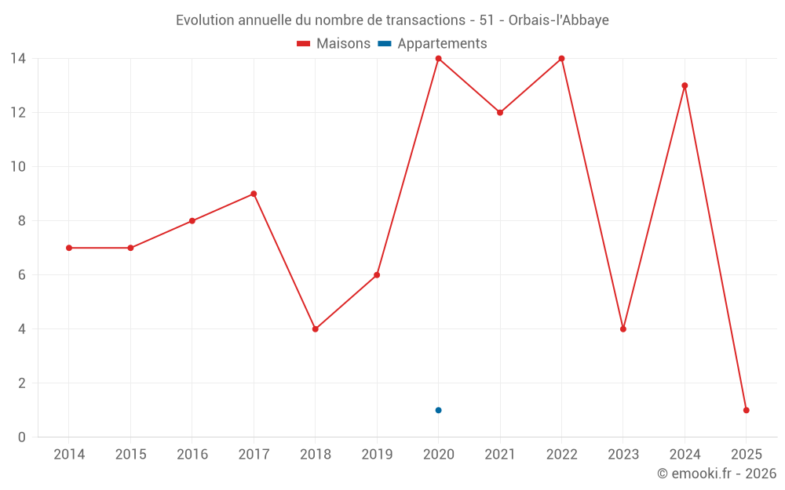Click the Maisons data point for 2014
click(69, 248)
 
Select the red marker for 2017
click(254, 194)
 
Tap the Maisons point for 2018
click(315, 329)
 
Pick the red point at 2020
click(438, 59)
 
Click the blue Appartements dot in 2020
click(438, 410)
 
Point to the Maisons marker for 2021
click(499, 112)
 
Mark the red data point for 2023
click(623, 329)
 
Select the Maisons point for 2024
click(685, 85)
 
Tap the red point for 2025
click(746, 410)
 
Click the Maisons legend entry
click(334, 44)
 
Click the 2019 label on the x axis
click(377, 455)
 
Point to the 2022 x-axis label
click(561, 455)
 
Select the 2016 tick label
click(192, 455)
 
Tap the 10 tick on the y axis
click(18, 167)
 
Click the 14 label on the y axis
click(18, 59)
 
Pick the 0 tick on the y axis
click(21, 437)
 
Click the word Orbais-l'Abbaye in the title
click(558, 20)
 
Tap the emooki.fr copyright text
click(717, 474)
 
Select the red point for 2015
click(130, 248)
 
